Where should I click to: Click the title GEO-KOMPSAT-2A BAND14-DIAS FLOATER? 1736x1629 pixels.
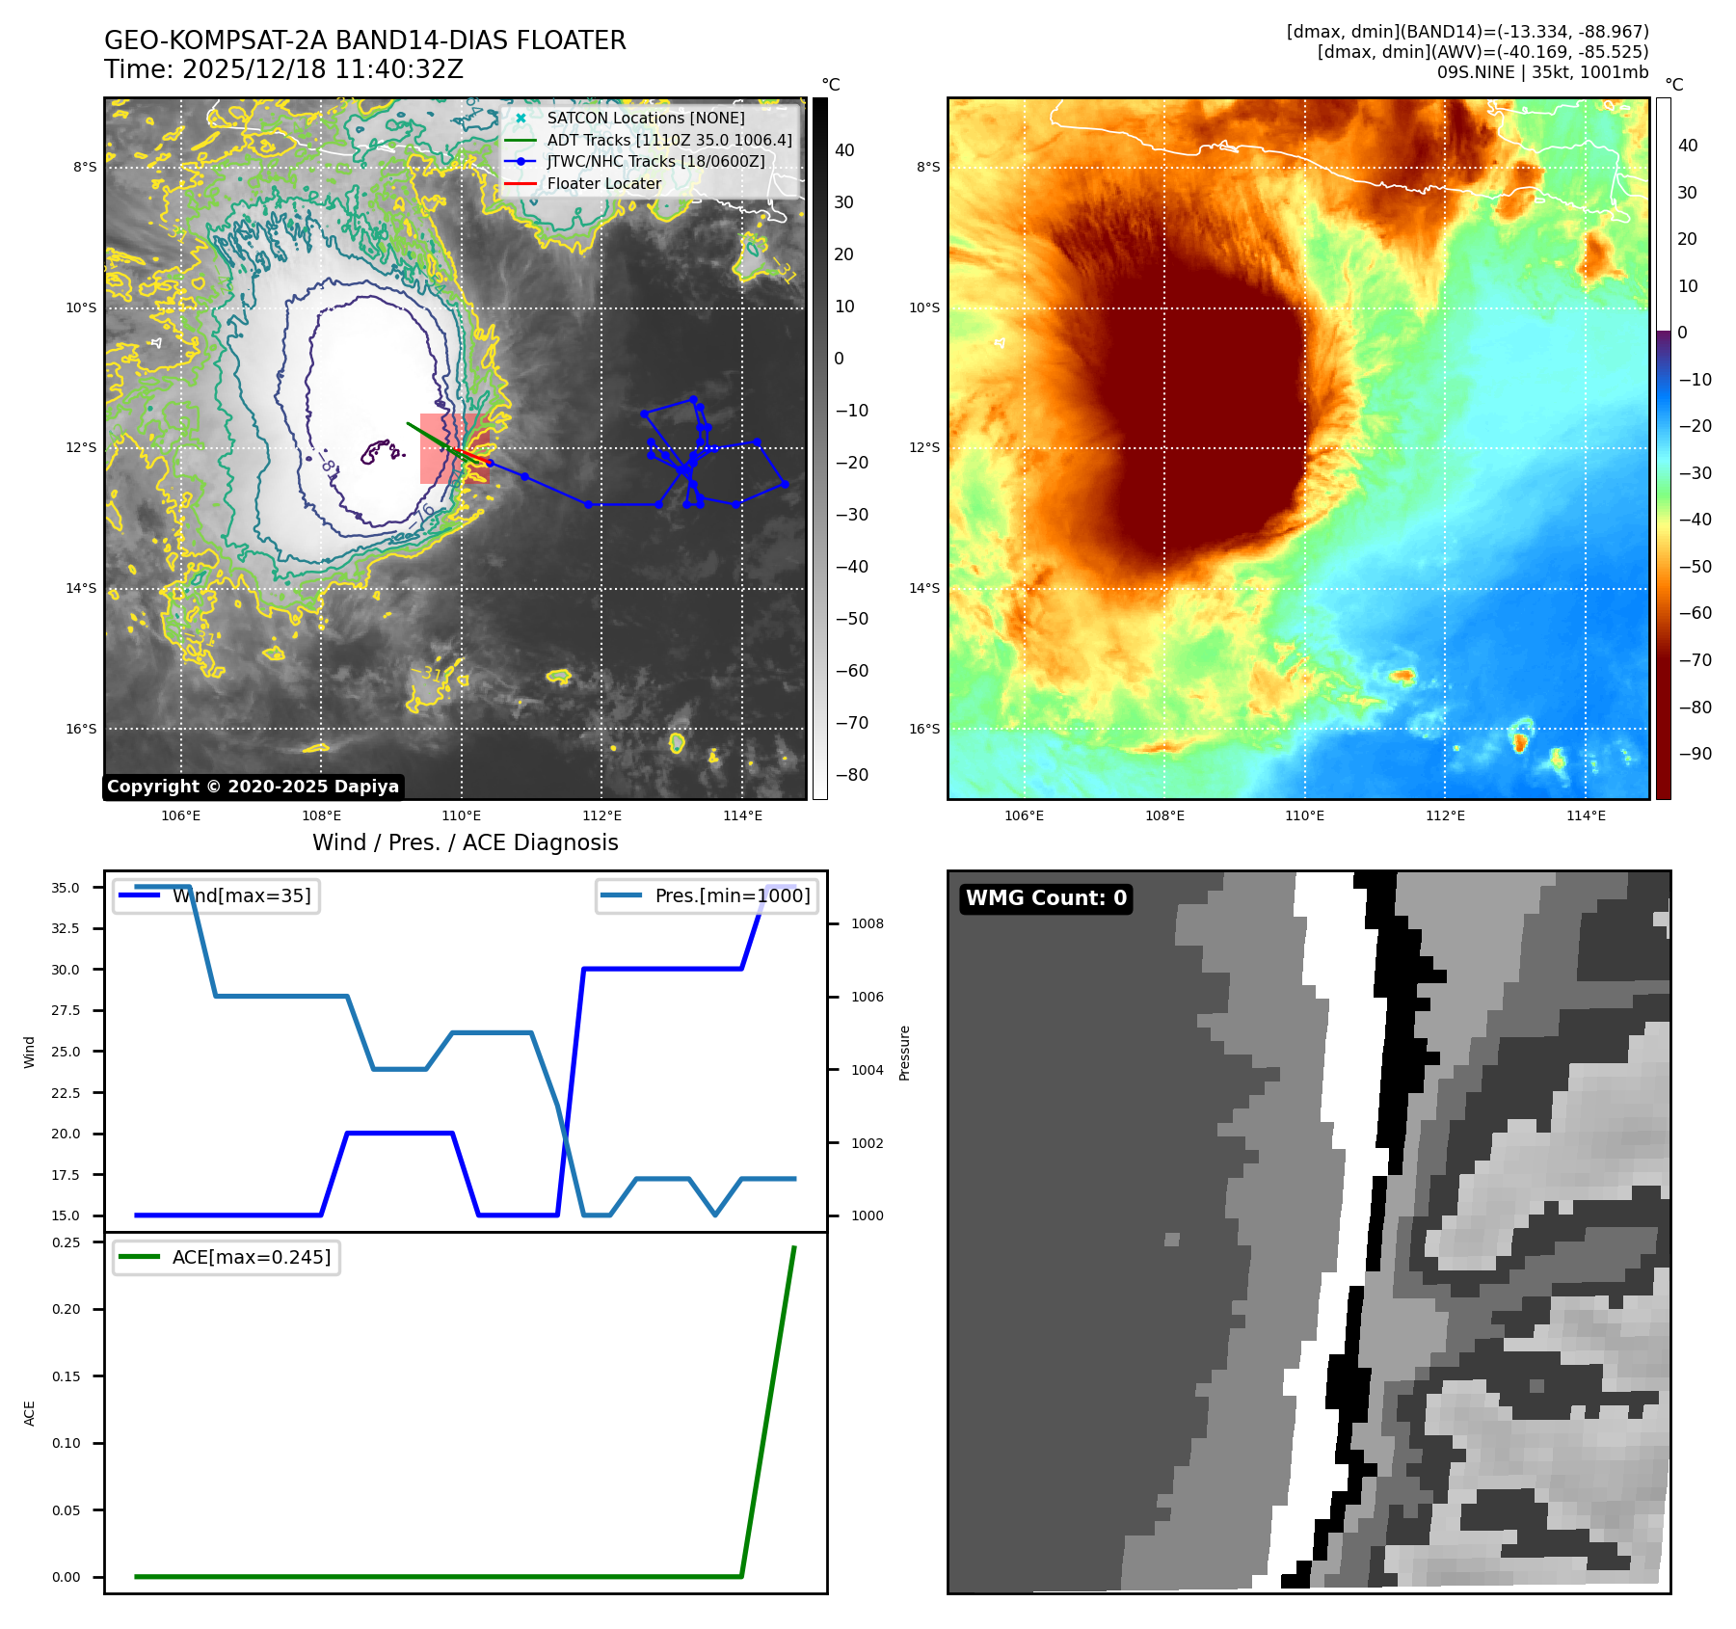tap(364, 40)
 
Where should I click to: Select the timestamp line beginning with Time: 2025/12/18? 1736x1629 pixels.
tap(283, 69)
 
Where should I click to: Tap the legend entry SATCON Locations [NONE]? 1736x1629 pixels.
tap(645, 118)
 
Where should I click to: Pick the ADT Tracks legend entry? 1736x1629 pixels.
tap(669, 140)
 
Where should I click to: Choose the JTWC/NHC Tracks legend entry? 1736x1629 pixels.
tap(655, 161)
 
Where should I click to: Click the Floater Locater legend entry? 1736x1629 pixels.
tap(603, 183)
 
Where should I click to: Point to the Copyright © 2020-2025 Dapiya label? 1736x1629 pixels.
tap(253, 787)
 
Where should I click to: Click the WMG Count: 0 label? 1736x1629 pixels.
tap(1046, 898)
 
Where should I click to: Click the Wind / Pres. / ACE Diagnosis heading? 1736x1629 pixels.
tap(465, 842)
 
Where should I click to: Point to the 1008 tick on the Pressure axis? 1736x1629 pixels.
tap(867, 923)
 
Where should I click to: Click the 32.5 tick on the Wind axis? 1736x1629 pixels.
tap(66, 928)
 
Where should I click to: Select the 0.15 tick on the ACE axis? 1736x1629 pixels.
tap(66, 1376)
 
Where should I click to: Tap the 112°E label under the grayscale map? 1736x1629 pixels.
tap(601, 816)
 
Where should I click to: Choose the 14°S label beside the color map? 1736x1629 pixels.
tap(923, 588)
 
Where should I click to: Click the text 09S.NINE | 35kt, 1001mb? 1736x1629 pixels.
tap(1542, 72)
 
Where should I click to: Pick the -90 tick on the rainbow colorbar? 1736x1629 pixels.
tap(1695, 754)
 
